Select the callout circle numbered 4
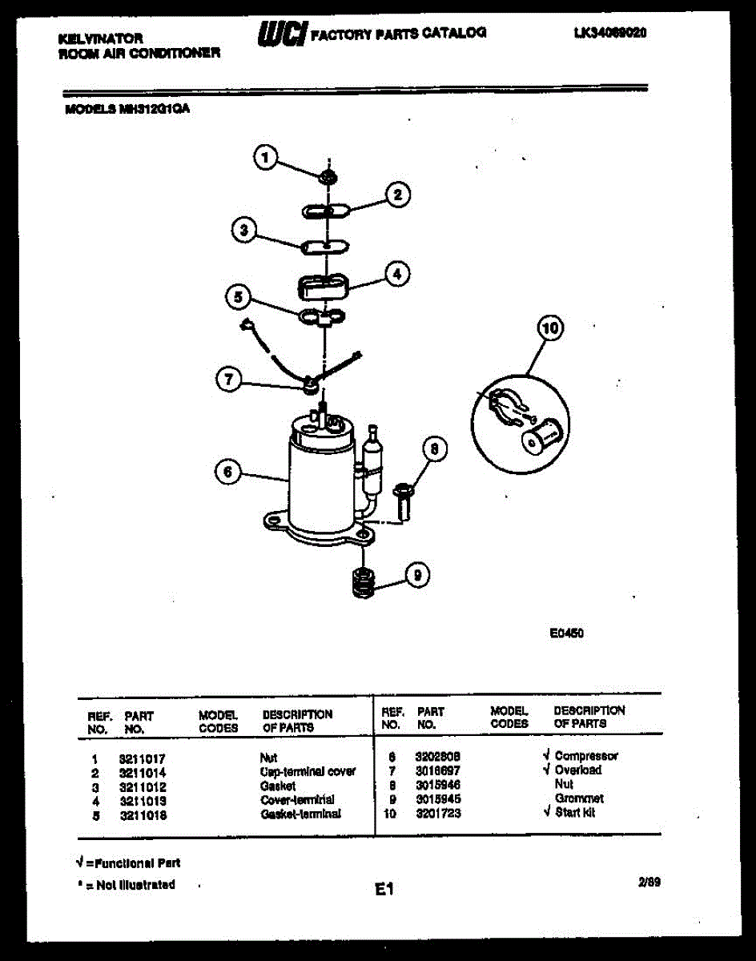(395, 274)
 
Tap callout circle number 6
(228, 473)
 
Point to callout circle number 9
(416, 574)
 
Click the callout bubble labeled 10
(550, 328)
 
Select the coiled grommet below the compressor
(364, 582)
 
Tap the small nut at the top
(327, 175)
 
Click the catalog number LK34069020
(609, 34)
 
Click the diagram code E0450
(566, 633)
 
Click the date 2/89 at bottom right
(649, 883)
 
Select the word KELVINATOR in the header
(101, 38)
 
